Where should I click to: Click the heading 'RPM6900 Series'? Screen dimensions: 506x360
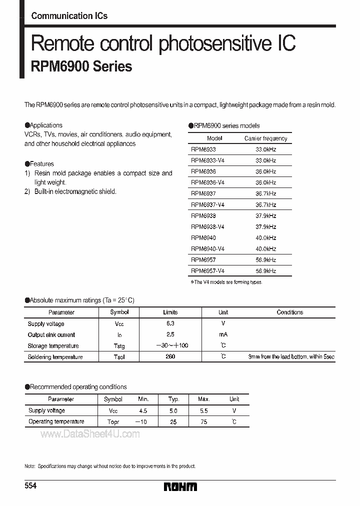click(x=81, y=66)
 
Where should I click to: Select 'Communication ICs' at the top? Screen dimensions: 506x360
click(x=69, y=16)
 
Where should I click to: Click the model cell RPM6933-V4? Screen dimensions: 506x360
click(x=207, y=160)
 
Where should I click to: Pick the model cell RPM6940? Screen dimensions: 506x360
click(x=203, y=238)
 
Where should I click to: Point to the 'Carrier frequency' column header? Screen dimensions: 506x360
click(x=265, y=138)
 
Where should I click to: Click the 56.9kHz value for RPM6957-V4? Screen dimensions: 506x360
click(x=265, y=271)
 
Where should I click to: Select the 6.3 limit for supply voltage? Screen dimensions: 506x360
click(x=170, y=324)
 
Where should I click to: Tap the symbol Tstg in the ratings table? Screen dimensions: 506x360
click(x=119, y=346)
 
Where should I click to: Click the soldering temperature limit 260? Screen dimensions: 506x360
click(x=170, y=357)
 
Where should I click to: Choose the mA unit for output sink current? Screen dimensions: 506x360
click(x=223, y=335)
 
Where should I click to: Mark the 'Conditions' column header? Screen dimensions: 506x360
click(x=289, y=312)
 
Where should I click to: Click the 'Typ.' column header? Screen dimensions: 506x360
click(x=173, y=399)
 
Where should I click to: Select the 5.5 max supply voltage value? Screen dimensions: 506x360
click(x=203, y=410)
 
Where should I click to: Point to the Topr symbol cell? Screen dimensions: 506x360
click(x=113, y=422)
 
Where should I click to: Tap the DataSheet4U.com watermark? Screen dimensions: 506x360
click(x=90, y=434)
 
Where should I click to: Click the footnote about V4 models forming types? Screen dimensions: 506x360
click(x=226, y=282)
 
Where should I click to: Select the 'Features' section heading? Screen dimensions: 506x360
click(x=39, y=163)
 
